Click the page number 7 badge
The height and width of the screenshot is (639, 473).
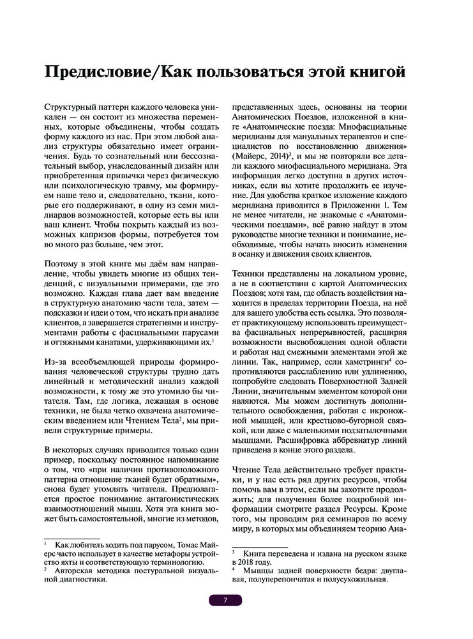tap(225, 600)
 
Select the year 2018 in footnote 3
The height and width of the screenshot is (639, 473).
tap(250, 563)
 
